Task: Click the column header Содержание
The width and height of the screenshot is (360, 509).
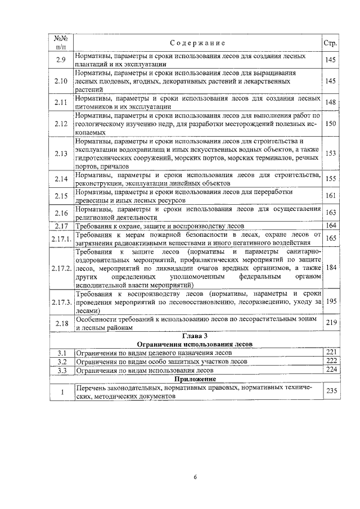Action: tap(197, 43)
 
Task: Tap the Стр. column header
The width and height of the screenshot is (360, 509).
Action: tap(330, 43)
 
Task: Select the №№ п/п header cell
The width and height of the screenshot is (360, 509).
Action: tap(61, 43)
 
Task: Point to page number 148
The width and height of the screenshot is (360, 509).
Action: tap(330, 102)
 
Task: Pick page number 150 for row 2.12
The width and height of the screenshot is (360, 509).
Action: tap(330, 123)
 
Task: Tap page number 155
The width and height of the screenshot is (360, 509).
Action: tap(330, 179)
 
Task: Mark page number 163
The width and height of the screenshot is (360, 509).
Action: tap(330, 213)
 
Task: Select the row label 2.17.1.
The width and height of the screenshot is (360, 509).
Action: tap(61, 238)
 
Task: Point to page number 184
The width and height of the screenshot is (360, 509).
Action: tap(330, 268)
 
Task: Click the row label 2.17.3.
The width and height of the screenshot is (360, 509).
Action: tap(61, 302)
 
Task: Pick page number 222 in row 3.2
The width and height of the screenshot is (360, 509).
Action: tap(330, 361)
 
